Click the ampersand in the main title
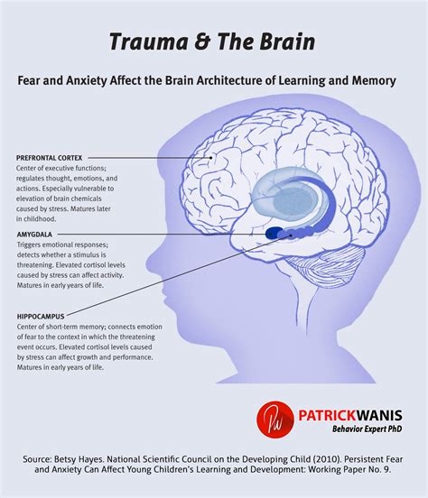point(202,42)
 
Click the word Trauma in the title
point(149,41)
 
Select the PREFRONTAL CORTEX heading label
point(50,158)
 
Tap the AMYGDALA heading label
point(34,235)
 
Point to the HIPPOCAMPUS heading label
point(41,317)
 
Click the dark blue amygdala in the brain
point(272,234)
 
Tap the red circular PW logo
point(275,419)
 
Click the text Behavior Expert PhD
point(368,429)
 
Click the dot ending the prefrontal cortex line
point(210,158)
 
